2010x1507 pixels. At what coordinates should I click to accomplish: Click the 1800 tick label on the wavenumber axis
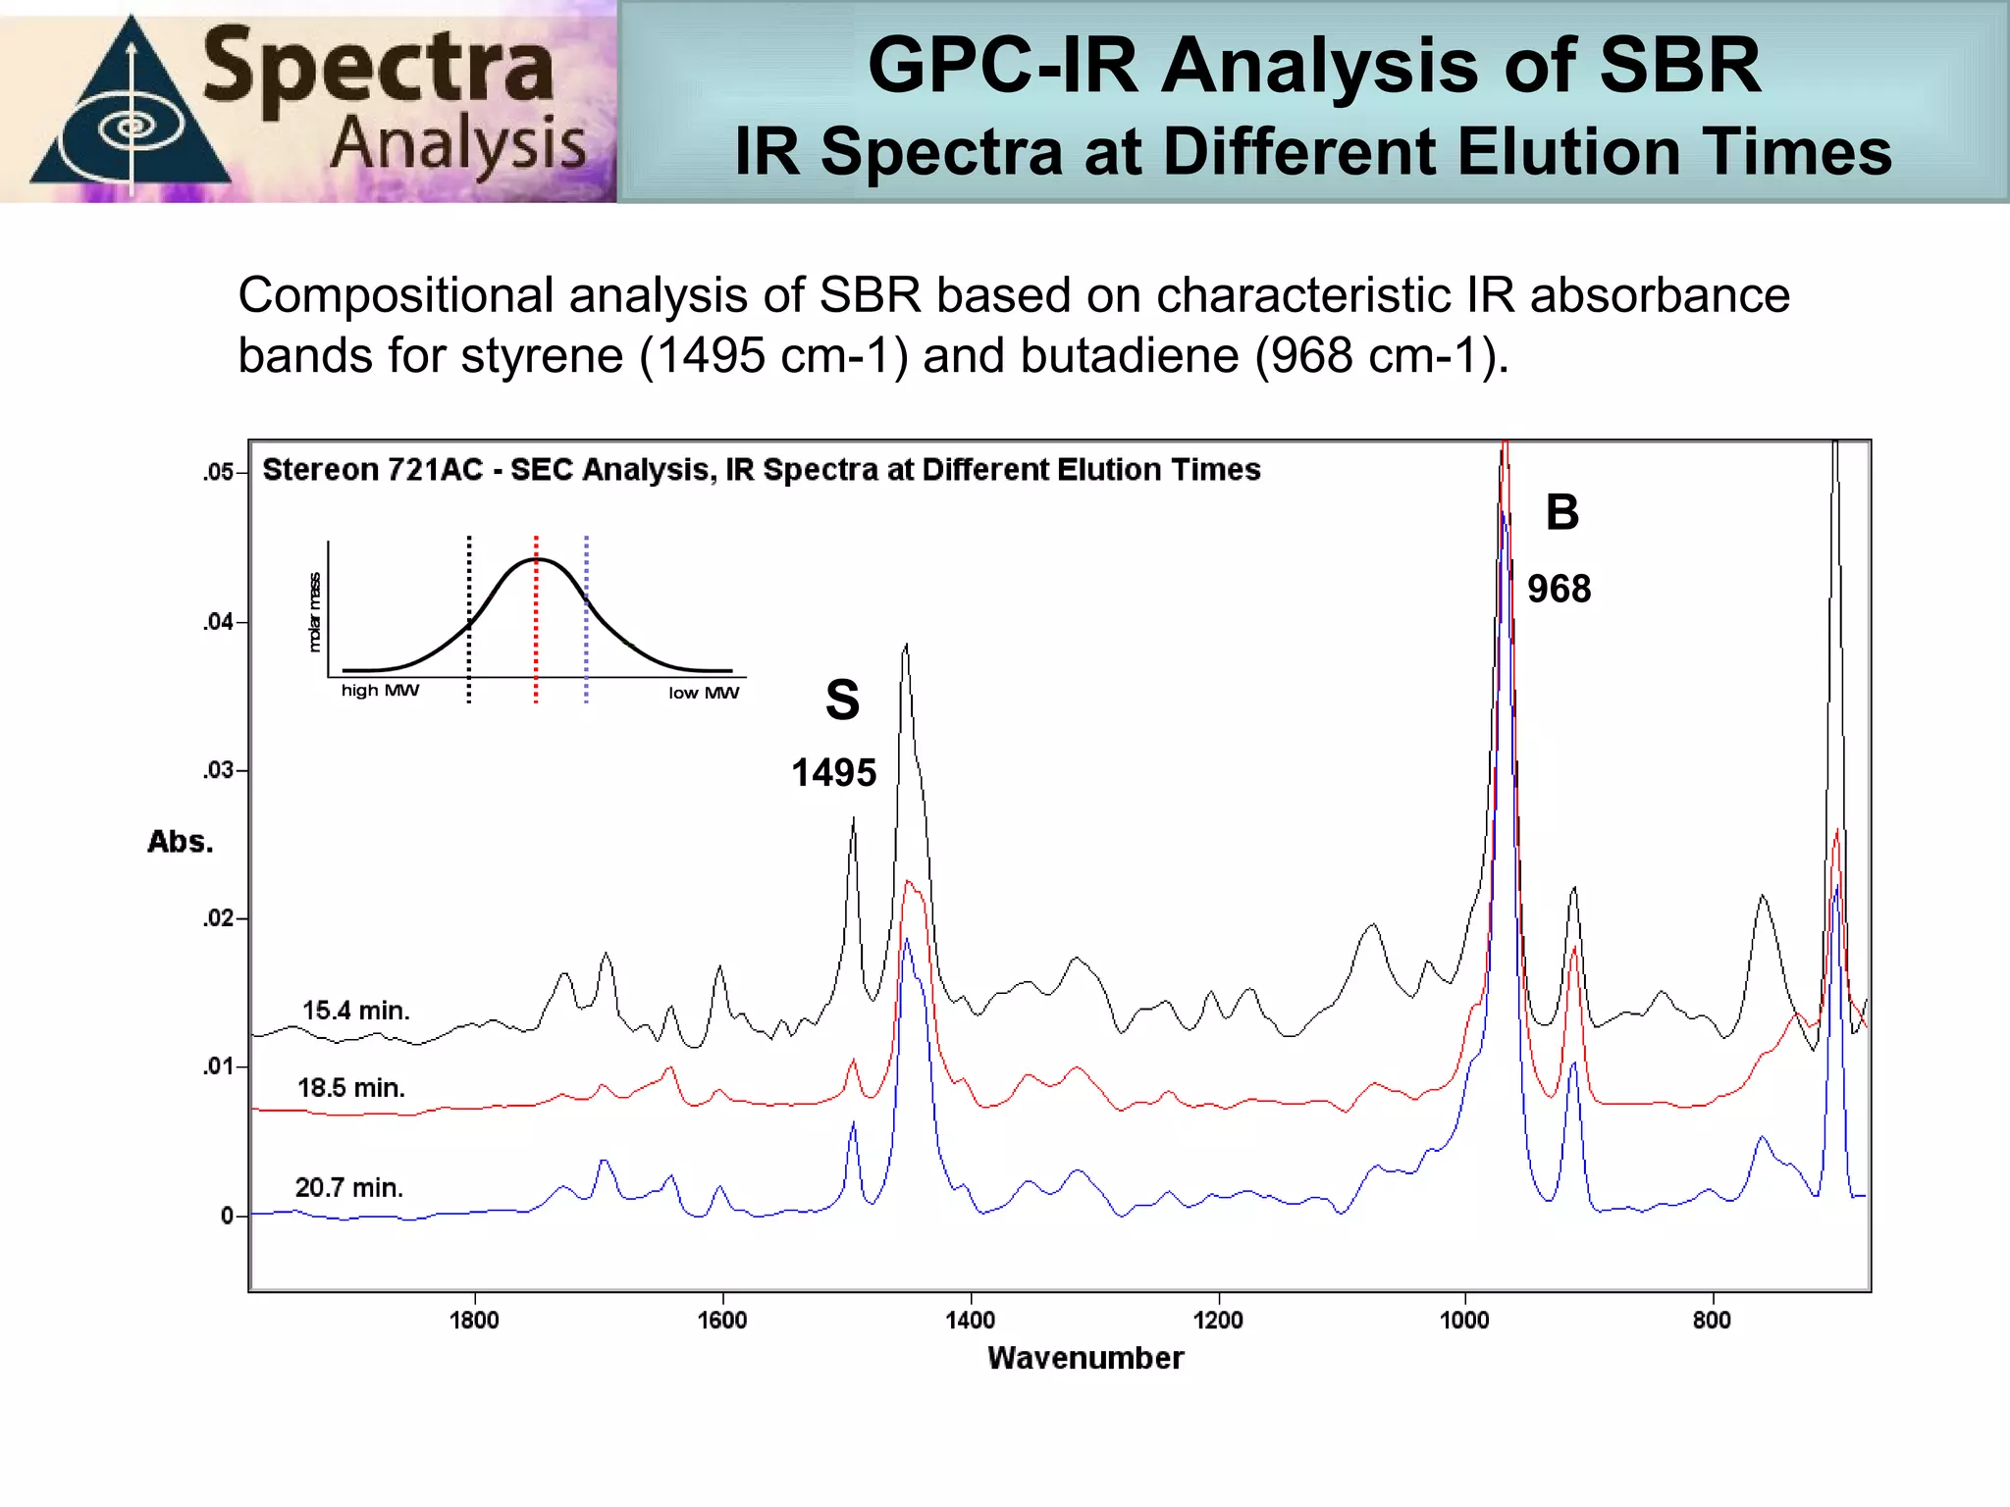(474, 1320)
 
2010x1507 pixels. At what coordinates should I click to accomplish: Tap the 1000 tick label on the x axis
(1464, 1320)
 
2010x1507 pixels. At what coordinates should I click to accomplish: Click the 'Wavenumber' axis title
(1085, 1358)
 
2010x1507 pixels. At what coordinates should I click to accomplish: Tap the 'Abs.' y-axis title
(181, 842)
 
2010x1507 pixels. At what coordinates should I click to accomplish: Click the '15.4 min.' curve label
(355, 1011)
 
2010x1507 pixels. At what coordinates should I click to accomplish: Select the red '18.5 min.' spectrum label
(351, 1088)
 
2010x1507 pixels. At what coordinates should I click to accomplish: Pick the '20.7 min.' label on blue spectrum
(349, 1188)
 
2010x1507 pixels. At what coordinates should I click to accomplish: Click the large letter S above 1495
(842, 701)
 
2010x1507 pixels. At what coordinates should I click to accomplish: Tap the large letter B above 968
(1562, 512)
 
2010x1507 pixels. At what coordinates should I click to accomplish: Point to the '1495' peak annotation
(834, 773)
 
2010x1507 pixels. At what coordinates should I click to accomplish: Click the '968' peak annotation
(1559, 590)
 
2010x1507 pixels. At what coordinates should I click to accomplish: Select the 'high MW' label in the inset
(380, 691)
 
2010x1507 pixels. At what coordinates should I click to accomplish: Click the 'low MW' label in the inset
(704, 693)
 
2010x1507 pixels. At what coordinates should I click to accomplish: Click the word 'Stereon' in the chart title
(320, 470)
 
